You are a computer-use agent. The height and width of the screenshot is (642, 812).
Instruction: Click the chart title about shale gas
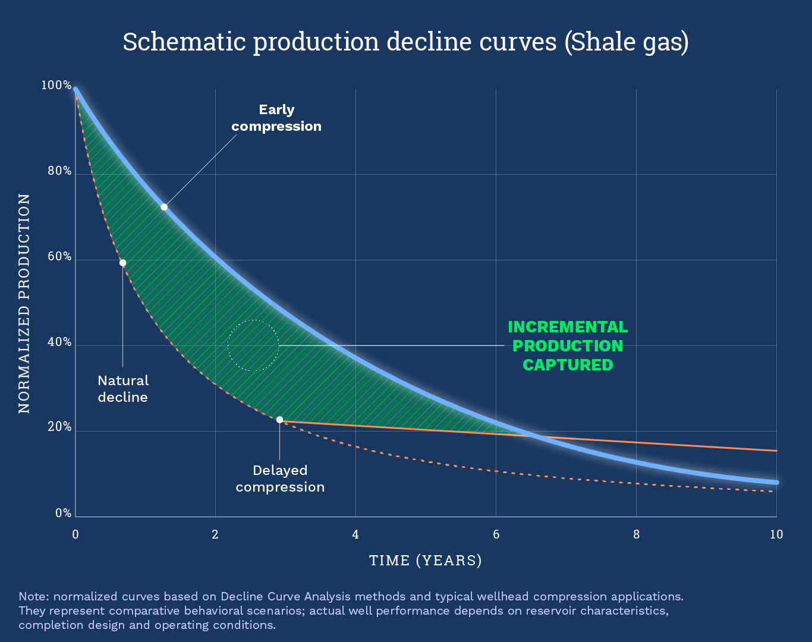click(405, 42)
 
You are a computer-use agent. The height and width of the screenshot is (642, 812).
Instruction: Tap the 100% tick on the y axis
click(56, 86)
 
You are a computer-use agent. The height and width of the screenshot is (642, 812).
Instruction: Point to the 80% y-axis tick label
click(59, 171)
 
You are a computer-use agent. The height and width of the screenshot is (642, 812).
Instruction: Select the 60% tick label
click(59, 257)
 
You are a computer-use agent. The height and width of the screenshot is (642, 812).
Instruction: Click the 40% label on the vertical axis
click(59, 342)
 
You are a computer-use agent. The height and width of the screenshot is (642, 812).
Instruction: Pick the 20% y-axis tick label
click(59, 427)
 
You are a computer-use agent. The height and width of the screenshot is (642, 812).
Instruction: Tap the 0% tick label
click(63, 513)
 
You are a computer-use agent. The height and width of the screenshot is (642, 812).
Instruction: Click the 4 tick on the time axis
click(355, 534)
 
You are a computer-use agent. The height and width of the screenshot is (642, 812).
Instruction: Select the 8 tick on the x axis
click(636, 534)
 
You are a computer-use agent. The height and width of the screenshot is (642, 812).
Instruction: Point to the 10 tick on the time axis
click(776, 534)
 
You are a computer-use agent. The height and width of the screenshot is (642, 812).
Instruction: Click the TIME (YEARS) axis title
click(426, 561)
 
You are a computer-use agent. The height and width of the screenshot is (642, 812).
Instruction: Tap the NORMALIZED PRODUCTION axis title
click(24, 303)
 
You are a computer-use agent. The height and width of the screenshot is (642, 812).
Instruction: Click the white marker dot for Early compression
click(164, 207)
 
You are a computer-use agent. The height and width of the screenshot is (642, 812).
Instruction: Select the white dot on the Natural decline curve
click(122, 263)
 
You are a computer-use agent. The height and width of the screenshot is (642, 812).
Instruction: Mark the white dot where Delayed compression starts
click(279, 420)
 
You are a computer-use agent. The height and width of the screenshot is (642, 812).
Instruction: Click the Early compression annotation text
click(276, 118)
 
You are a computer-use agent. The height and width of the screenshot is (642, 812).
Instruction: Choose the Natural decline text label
click(123, 389)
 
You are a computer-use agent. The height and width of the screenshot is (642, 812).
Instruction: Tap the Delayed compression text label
click(280, 479)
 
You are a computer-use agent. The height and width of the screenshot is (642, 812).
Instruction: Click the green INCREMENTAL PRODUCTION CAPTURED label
click(568, 345)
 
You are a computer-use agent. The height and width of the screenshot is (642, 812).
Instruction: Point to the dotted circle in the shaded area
click(253, 345)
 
